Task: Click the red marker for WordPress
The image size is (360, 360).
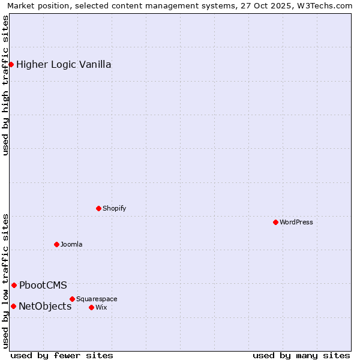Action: pos(275,222)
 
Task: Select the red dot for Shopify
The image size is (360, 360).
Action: pos(99,208)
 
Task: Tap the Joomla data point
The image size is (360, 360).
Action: pos(57,244)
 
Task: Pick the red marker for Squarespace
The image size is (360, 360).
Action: pos(73,299)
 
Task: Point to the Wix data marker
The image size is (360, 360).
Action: pos(91,307)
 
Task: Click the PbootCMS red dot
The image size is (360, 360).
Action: pos(14,285)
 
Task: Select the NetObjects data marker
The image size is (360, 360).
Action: pos(13,306)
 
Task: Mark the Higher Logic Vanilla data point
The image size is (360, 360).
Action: pos(11,64)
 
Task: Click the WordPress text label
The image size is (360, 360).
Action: pos(296,222)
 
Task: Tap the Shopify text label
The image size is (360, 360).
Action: pos(114,208)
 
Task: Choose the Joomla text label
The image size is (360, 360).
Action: pos(71,244)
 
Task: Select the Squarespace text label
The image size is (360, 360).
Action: pos(97,299)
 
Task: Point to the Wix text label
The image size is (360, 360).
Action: pos(101,307)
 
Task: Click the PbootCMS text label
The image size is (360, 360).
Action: pos(43,285)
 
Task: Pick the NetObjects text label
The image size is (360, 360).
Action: pos(45,306)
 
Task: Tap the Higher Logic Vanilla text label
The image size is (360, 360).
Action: pos(64,64)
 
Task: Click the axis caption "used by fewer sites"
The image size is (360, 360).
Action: pos(62,355)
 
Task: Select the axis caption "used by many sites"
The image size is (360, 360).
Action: pos(301,355)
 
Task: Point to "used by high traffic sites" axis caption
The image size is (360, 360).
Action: pos(6,85)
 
